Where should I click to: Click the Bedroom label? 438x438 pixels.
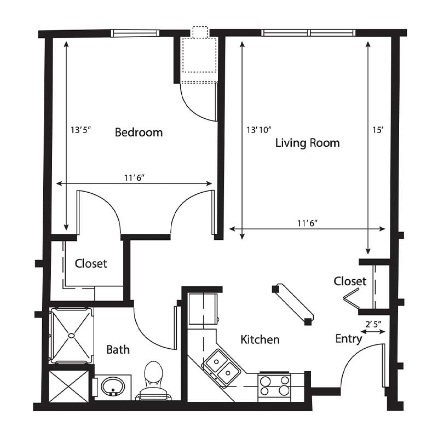tap(139, 132)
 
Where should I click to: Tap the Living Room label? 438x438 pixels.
tap(308, 143)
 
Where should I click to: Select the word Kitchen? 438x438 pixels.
tap(260, 339)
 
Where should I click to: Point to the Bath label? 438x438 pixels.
tap(118, 349)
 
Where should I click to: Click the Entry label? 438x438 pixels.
tap(349, 339)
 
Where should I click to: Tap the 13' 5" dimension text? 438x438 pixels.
tap(81, 130)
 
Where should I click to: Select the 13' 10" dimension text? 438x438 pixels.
tap(258, 130)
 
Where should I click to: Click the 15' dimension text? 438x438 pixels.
tap(377, 130)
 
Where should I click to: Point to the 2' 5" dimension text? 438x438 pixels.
tap(373, 324)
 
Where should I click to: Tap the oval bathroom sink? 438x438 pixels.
tap(113, 387)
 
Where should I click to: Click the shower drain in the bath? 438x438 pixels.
tap(72, 335)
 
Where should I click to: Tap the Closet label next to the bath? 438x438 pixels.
tap(91, 263)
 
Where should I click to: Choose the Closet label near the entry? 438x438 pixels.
tap(350, 281)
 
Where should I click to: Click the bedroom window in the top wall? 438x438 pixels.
tap(135, 33)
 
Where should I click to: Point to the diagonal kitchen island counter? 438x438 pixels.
tap(293, 304)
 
